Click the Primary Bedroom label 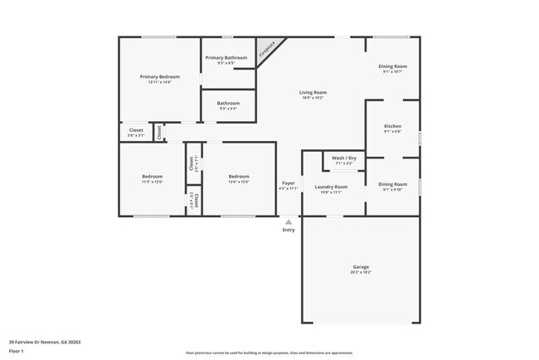pyautogui.click(x=159, y=76)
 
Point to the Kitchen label pyautogui.click(x=392, y=126)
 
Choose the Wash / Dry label pyautogui.click(x=343, y=158)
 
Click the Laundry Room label pyautogui.click(x=330, y=187)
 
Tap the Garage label pyautogui.click(x=361, y=266)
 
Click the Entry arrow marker pyautogui.click(x=289, y=221)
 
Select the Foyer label pyautogui.click(x=289, y=182)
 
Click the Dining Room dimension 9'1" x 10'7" pyautogui.click(x=392, y=71)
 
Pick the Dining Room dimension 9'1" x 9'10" pyautogui.click(x=392, y=189)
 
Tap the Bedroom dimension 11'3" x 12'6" pyautogui.click(x=152, y=182)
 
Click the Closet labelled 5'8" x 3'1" pyautogui.click(x=136, y=135)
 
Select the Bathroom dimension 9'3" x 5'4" pyautogui.click(x=227, y=109)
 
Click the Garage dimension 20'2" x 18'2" pyautogui.click(x=361, y=272)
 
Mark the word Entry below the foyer pyautogui.click(x=289, y=230)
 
